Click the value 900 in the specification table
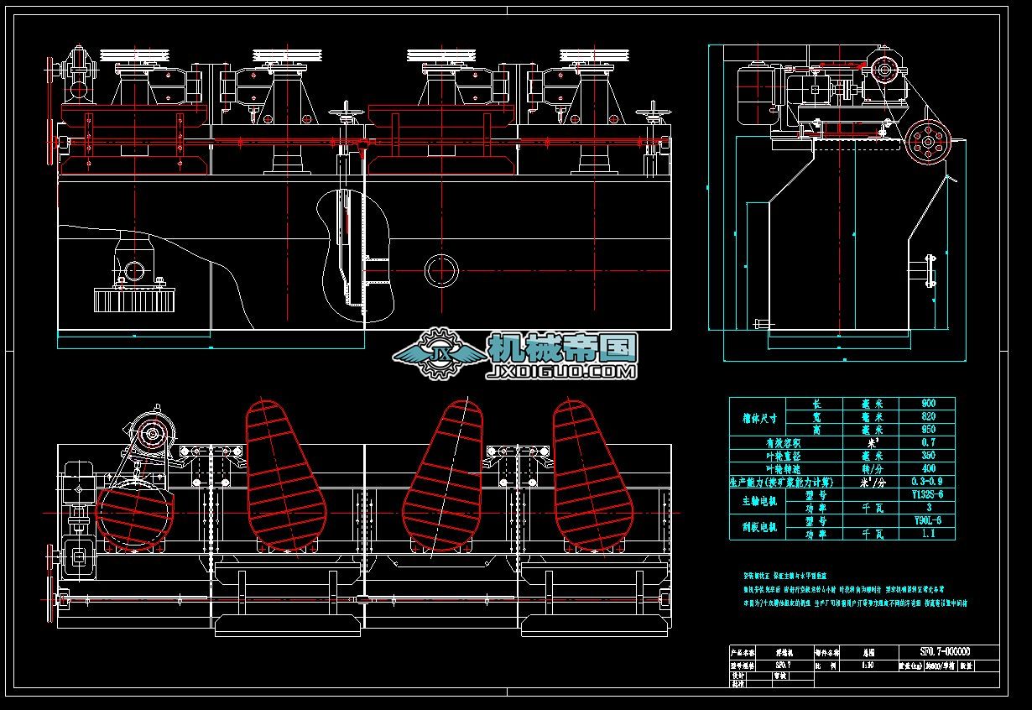[x=927, y=404]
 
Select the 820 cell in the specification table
[x=927, y=416]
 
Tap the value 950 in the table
[x=927, y=430]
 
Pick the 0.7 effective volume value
[x=927, y=442]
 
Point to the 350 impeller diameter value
[x=927, y=456]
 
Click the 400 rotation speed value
[x=927, y=468]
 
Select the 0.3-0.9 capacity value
[x=927, y=482]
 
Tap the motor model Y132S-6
[x=927, y=494]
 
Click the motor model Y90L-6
[x=927, y=520]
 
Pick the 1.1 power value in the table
[x=927, y=534]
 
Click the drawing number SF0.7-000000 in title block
[x=946, y=652]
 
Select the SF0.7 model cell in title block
[x=782, y=664]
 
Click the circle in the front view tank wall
[x=441, y=270]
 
